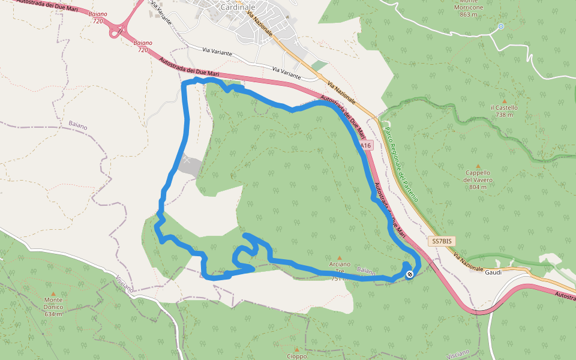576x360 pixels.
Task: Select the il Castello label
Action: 504,107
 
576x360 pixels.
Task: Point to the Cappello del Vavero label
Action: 478,176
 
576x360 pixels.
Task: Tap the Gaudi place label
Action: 493,271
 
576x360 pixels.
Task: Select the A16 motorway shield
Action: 366,145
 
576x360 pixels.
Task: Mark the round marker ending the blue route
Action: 410,274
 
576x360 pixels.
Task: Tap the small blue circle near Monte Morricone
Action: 501,26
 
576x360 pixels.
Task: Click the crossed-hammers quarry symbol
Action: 187,160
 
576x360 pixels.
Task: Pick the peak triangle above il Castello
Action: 504,101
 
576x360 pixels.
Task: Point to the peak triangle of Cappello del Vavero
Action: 478,166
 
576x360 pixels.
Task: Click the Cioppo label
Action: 296,356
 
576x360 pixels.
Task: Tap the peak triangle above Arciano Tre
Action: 340,257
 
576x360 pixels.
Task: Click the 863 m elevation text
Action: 472,15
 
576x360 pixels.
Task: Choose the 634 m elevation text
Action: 53,314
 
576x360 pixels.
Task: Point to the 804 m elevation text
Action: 478,187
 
